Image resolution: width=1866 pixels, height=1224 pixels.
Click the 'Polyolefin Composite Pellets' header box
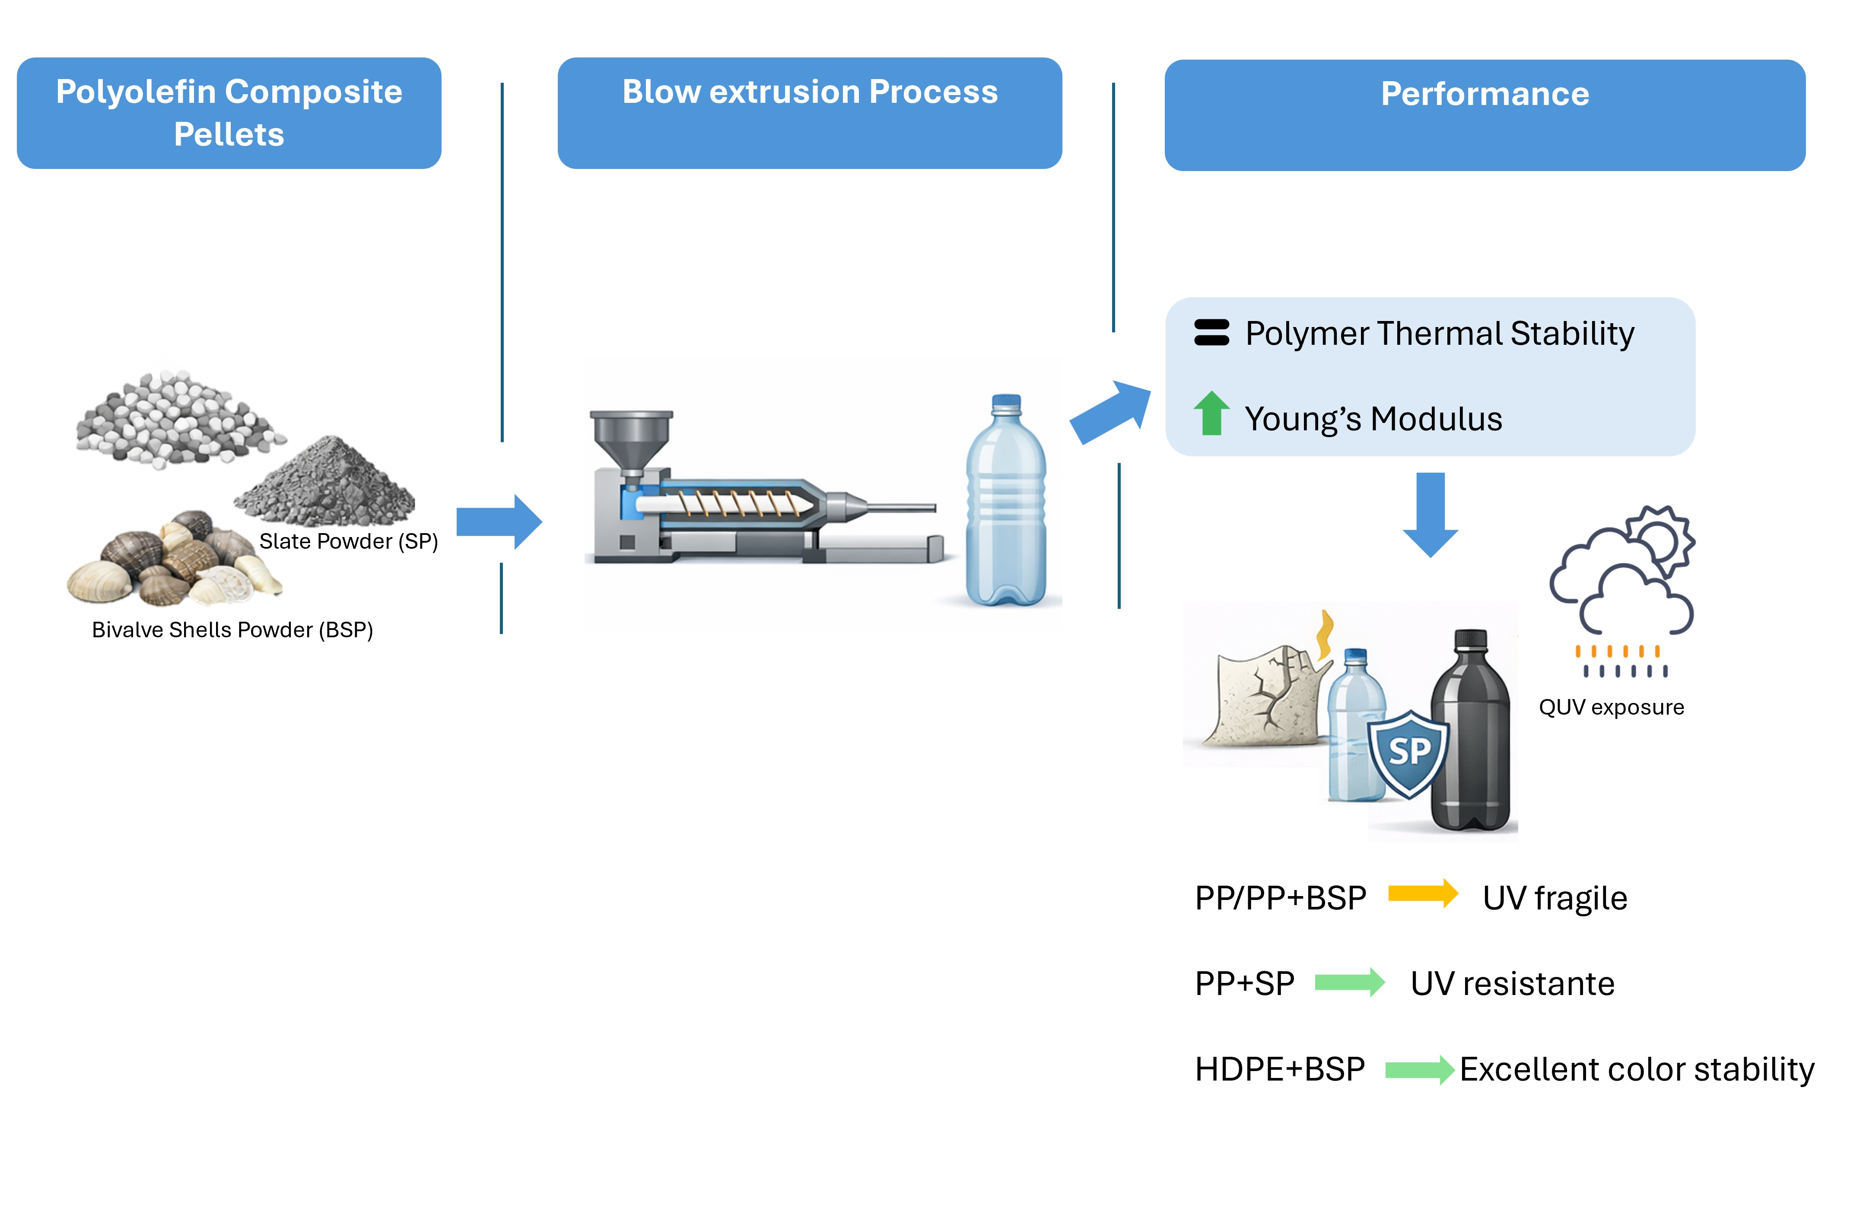click(229, 113)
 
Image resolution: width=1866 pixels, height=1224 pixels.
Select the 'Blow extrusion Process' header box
click(810, 113)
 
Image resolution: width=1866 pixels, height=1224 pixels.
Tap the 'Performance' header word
click(1485, 94)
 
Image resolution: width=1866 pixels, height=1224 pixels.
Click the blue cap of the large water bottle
click(1007, 404)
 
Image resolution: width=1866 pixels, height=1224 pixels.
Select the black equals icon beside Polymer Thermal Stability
click(1211, 333)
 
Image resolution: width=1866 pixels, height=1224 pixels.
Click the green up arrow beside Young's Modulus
click(1211, 413)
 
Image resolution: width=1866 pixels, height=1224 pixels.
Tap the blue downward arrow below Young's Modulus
click(1431, 515)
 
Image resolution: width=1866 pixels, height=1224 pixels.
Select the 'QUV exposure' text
click(1611, 707)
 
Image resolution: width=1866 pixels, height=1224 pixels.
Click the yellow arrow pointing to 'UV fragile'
click(1423, 894)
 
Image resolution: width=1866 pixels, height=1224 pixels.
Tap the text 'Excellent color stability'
click(1637, 1069)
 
